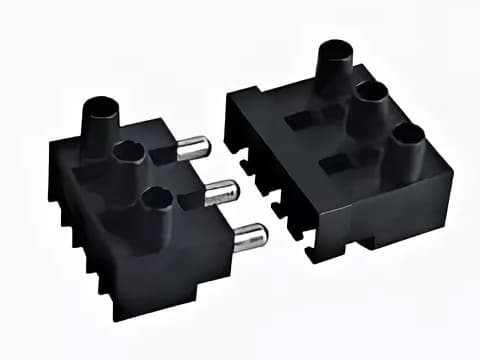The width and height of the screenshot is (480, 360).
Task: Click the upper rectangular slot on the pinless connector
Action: [301, 119]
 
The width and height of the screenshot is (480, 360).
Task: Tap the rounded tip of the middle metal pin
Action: [231, 190]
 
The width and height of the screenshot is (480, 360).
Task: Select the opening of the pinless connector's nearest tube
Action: [406, 133]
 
